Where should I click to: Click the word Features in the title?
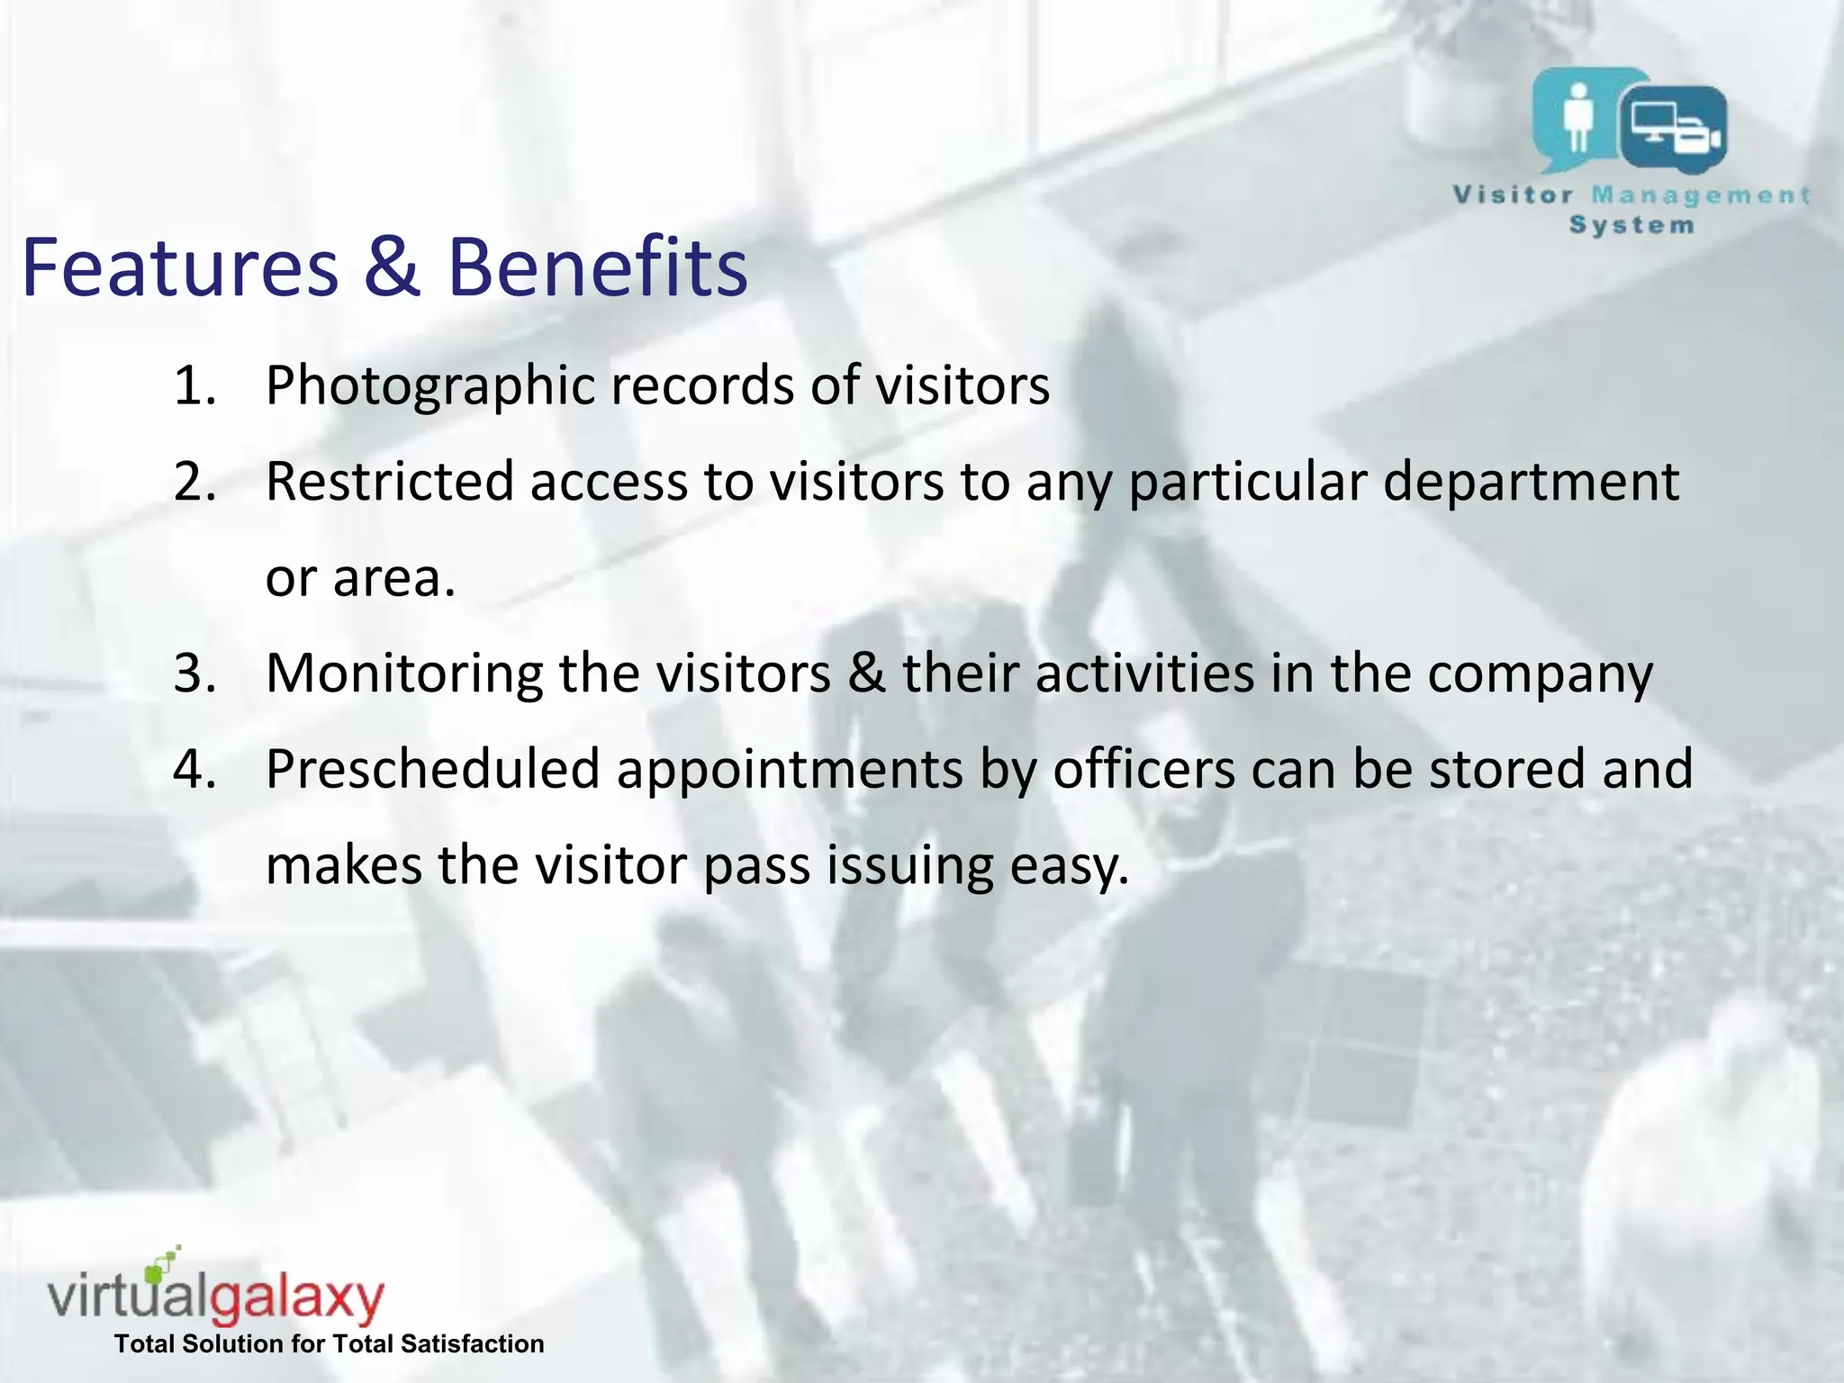180,267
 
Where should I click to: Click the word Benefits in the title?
597,267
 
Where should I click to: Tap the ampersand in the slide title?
392,267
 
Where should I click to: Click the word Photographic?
430,387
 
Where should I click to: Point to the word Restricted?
389,482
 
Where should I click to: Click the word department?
1530,484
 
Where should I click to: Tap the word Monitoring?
404,673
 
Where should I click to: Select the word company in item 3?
1540,675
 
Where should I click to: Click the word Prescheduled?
432,770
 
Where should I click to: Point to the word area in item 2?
393,579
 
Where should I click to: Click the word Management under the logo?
1701,196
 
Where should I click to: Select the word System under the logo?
1632,225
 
